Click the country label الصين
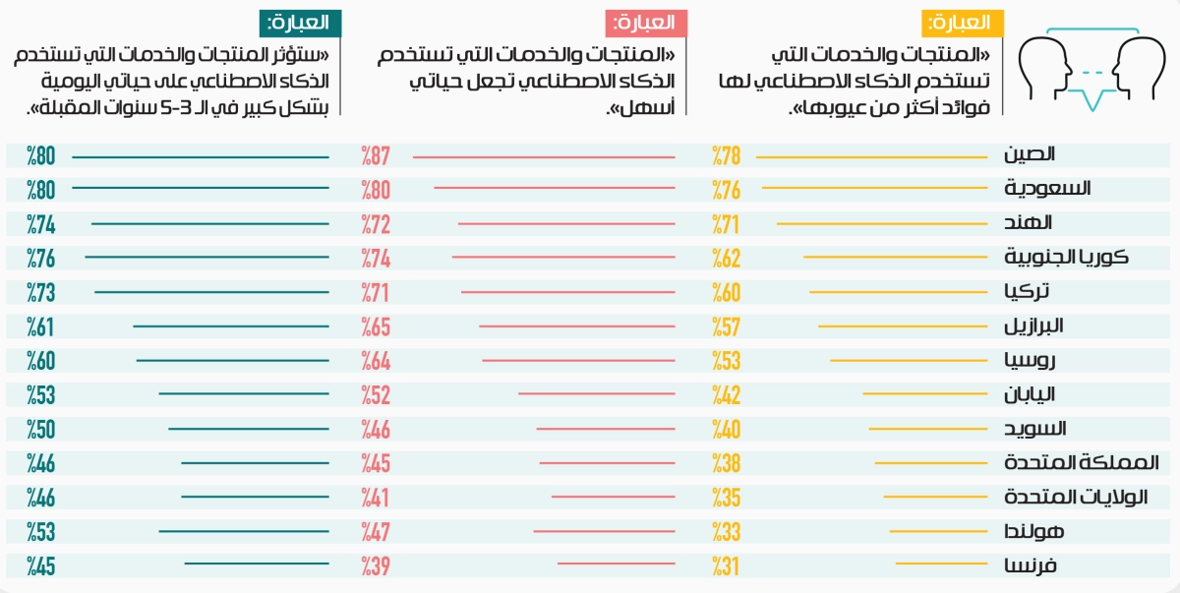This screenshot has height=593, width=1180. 1030,154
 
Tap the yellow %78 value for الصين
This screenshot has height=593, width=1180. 726,155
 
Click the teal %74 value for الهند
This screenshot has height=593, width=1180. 40,224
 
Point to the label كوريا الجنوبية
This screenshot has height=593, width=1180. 1066,258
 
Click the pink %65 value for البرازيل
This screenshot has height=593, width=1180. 376,327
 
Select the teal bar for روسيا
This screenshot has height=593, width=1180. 233,361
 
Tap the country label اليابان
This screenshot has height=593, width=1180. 1029,394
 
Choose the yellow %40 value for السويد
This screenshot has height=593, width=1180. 726,430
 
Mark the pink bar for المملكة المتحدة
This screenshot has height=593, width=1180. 607,463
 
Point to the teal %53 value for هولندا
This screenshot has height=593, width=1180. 40,532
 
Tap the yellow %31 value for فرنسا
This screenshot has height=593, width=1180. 726,566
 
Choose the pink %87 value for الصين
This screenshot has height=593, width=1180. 376,155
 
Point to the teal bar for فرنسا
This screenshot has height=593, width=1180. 257,563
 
